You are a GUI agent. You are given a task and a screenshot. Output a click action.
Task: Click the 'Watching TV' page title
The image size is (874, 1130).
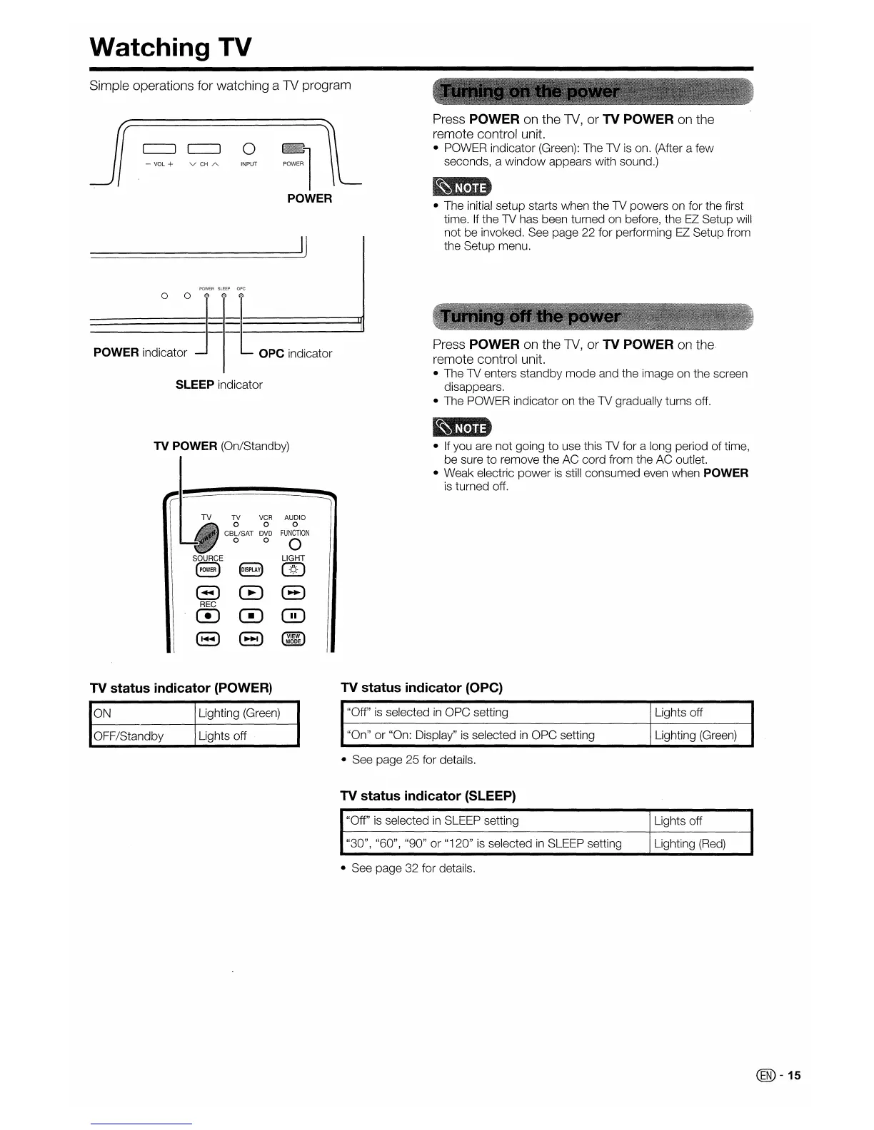pos(171,47)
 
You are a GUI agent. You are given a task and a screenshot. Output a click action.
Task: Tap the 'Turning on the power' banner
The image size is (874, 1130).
pos(530,92)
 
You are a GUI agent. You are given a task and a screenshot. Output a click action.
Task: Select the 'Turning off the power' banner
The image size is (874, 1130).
pos(530,316)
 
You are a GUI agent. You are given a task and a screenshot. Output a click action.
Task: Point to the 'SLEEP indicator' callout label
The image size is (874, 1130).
pos(218,385)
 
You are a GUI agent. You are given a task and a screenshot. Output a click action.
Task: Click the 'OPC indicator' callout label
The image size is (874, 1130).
pos(295,353)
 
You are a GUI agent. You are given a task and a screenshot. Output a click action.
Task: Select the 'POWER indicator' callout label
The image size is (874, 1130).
pos(140,352)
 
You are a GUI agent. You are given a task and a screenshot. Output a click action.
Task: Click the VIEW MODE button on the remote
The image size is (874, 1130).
pos(293,639)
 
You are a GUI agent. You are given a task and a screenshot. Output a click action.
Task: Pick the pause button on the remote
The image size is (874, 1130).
pos(293,616)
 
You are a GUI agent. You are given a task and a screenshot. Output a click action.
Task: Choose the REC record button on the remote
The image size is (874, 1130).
pos(208,616)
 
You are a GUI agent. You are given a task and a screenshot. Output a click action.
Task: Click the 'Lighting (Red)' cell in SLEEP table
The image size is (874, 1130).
pos(690,843)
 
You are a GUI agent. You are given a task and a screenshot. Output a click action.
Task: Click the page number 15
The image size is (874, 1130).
pos(795,1075)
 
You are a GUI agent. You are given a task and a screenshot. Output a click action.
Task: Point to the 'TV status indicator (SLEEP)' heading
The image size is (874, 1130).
pos(428,795)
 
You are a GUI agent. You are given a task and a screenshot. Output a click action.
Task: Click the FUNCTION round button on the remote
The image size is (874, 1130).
pos(295,546)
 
